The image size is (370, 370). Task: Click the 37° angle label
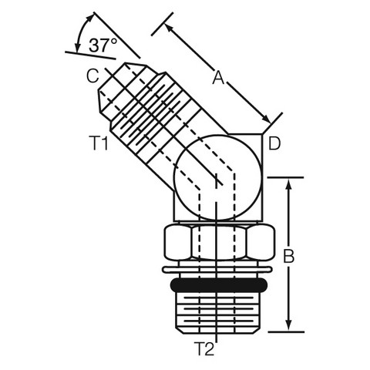pyautogui.click(x=103, y=45)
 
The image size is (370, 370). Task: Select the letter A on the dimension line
pyautogui.click(x=218, y=78)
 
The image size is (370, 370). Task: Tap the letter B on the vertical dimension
pyautogui.click(x=288, y=256)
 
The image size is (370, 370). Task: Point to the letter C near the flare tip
pyautogui.click(x=92, y=76)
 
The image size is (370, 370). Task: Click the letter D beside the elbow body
pyautogui.click(x=274, y=143)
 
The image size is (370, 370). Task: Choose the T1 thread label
pyautogui.click(x=99, y=143)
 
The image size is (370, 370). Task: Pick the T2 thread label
pyautogui.click(x=204, y=348)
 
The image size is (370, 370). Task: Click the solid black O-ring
pyautogui.click(x=218, y=285)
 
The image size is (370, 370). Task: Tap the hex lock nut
pyautogui.click(x=219, y=241)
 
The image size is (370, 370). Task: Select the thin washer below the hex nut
pyautogui.click(x=217, y=270)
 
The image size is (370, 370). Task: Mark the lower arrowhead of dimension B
pyautogui.click(x=289, y=325)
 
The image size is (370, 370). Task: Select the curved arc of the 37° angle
pyautogui.click(x=81, y=32)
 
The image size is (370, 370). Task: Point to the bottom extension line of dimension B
pyautogui.click(x=286, y=332)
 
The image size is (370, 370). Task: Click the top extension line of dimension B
pyautogui.click(x=285, y=177)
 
